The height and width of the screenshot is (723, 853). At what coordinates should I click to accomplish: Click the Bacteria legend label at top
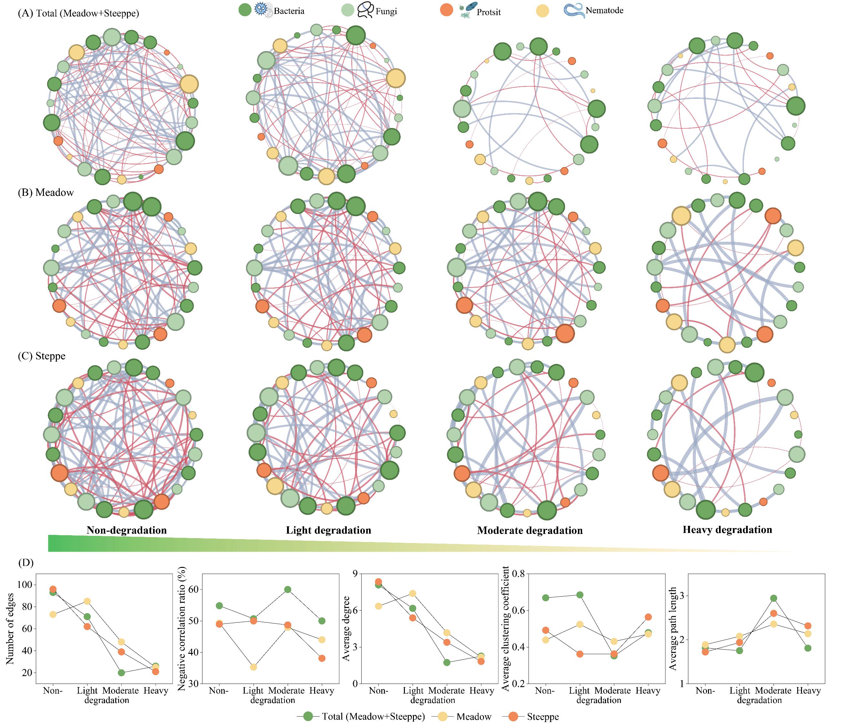pos(289,11)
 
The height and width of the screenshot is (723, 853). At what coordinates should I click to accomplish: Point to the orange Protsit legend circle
pos(447,10)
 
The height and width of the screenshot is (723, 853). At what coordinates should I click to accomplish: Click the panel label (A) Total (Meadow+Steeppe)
pos(79,13)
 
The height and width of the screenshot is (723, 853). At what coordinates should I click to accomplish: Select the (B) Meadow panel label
pos(46,192)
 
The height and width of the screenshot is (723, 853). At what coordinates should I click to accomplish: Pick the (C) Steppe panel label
pos(42,356)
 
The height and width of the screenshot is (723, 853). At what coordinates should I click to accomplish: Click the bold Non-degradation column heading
pos(127,530)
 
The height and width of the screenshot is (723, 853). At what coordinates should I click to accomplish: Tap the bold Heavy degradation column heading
pos(727,529)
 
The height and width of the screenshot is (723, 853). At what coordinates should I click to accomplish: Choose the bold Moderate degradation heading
pos(529,530)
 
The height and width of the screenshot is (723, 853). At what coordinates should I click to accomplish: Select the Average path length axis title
pos(673,629)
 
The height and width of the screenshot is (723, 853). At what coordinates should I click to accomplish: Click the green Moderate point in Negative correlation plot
pos(287,590)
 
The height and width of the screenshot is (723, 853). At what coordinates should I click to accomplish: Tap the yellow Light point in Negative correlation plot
pos(253,667)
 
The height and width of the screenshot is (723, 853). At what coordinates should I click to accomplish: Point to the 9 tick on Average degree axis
pos(355,574)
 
